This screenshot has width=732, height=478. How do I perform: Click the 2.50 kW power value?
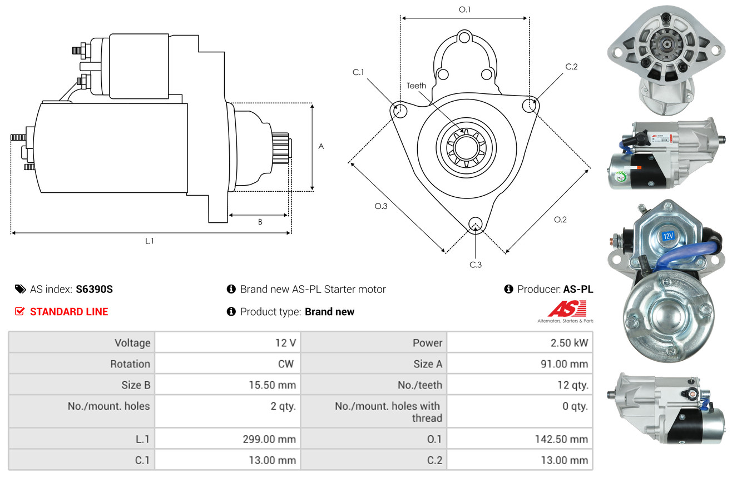coord(569,343)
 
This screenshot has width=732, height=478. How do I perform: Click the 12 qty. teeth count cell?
coord(572,385)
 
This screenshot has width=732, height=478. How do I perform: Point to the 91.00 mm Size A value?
coord(563,364)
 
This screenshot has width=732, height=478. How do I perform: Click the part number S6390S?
coord(95,289)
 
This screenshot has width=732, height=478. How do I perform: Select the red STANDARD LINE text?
coord(69,312)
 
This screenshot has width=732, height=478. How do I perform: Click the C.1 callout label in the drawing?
coord(358,72)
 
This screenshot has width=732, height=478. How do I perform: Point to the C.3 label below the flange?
coord(476,265)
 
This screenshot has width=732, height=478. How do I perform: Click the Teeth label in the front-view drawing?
coord(416,86)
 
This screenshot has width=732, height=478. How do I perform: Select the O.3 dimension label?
coord(380,206)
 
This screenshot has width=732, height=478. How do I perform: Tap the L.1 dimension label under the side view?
coord(150,241)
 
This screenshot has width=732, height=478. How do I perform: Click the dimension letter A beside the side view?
coord(321,147)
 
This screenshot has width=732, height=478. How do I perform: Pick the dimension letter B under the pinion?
coord(260,222)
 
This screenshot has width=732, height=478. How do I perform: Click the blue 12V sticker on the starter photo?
coord(668,236)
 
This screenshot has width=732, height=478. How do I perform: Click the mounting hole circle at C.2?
coord(531,104)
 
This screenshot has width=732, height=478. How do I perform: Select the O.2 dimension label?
coord(560,220)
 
